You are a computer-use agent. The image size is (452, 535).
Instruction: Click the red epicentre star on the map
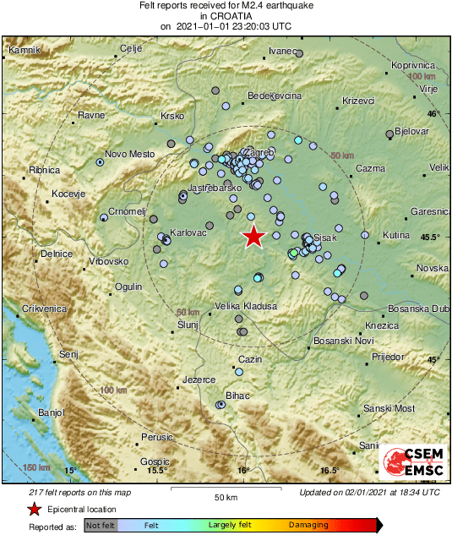tap(253, 237)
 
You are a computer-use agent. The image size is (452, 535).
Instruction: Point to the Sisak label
tap(325, 237)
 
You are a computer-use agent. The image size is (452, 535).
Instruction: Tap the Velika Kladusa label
tap(246, 305)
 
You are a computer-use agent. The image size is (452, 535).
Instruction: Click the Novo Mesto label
tap(129, 154)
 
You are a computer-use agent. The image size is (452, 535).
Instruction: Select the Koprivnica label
tap(413, 65)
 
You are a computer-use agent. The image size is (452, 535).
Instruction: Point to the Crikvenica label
tap(45, 309)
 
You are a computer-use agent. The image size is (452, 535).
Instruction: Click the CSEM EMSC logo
tap(413, 463)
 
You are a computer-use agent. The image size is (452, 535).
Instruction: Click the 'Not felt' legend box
tap(101, 525)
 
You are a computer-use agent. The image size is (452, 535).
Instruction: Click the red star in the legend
tap(33, 509)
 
